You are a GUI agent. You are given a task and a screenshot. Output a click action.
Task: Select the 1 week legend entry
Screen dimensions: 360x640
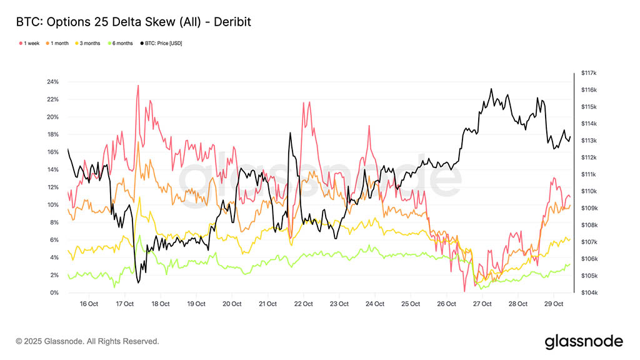click(31, 43)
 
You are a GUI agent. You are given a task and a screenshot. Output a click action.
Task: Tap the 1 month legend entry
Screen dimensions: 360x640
click(61, 43)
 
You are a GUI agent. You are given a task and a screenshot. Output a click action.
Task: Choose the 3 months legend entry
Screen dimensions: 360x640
click(91, 43)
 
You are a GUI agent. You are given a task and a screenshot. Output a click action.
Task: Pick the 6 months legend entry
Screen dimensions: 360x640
click(122, 43)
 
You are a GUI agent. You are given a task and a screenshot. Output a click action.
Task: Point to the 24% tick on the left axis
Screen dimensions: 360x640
click(52, 82)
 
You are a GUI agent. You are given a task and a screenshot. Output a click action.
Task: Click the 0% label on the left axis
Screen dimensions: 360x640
click(54, 292)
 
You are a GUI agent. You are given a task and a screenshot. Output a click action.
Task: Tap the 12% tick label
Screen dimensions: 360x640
click(52, 187)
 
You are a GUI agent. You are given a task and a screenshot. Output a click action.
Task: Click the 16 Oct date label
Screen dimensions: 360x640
click(89, 304)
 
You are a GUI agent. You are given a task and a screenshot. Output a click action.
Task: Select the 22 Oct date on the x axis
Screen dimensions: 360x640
click(303, 304)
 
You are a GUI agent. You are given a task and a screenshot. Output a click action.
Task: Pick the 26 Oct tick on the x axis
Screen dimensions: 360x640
click(446, 304)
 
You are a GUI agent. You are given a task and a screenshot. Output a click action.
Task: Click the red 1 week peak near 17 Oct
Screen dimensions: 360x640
click(137, 86)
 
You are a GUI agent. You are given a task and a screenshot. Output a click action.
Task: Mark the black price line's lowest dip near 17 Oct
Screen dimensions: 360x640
click(137, 282)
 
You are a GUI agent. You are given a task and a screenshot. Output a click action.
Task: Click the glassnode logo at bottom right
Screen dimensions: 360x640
click(584, 341)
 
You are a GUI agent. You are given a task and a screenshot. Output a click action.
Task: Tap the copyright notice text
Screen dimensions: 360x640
click(87, 341)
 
